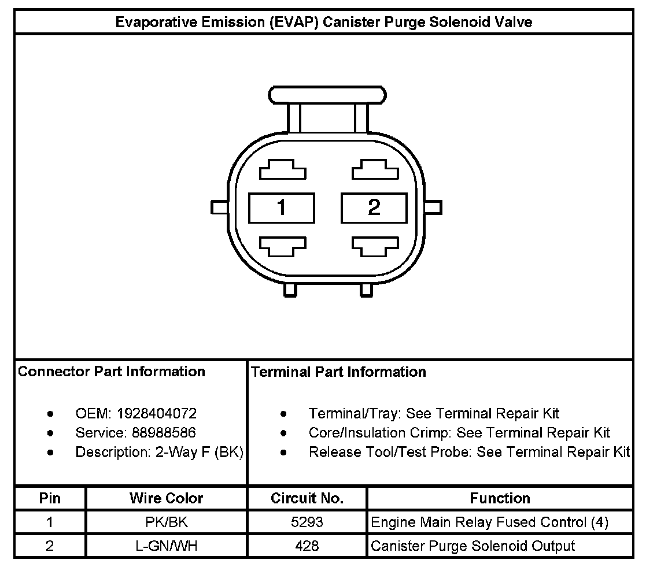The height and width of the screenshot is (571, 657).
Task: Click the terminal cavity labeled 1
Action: [x=281, y=207]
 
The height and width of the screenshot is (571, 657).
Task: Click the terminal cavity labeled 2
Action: [x=374, y=207]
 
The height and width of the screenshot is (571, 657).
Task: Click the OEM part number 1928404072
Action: [x=156, y=414]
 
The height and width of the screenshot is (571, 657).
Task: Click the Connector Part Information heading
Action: [x=112, y=372]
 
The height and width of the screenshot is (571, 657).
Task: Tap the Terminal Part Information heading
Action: [x=339, y=372]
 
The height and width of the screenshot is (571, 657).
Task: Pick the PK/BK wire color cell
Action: [x=167, y=522]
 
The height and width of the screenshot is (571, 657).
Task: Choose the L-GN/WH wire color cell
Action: [x=167, y=546]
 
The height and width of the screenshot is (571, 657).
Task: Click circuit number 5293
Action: [x=307, y=522]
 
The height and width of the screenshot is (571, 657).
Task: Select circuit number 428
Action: [x=307, y=546]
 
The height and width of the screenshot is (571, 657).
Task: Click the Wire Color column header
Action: [x=167, y=498]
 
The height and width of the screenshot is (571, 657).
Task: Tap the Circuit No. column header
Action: [x=307, y=498]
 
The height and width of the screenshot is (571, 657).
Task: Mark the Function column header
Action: [x=500, y=498]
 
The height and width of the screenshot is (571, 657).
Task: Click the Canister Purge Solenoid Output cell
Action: [x=473, y=546]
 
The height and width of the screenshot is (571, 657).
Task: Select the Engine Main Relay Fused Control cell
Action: [x=489, y=522]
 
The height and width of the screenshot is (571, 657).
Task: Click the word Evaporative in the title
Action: [x=152, y=23]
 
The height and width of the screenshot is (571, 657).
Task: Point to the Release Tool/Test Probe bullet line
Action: [x=468, y=452]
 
